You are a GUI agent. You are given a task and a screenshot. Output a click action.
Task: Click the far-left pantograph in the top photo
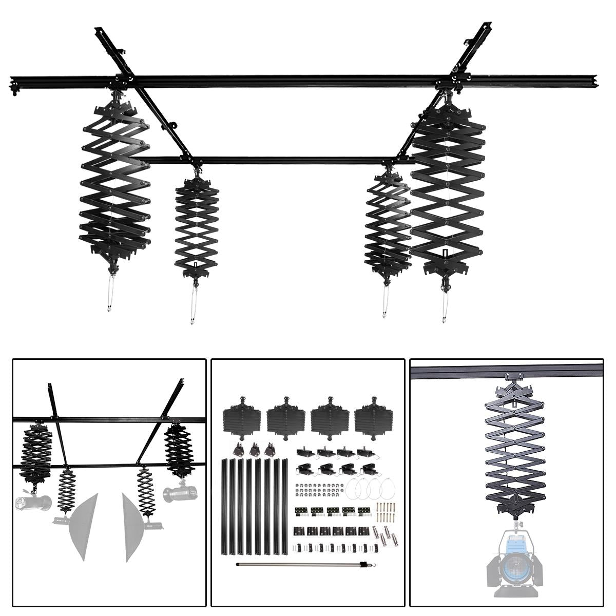[114, 180]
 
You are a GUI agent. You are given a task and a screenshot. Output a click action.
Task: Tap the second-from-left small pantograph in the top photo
[197, 226]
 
